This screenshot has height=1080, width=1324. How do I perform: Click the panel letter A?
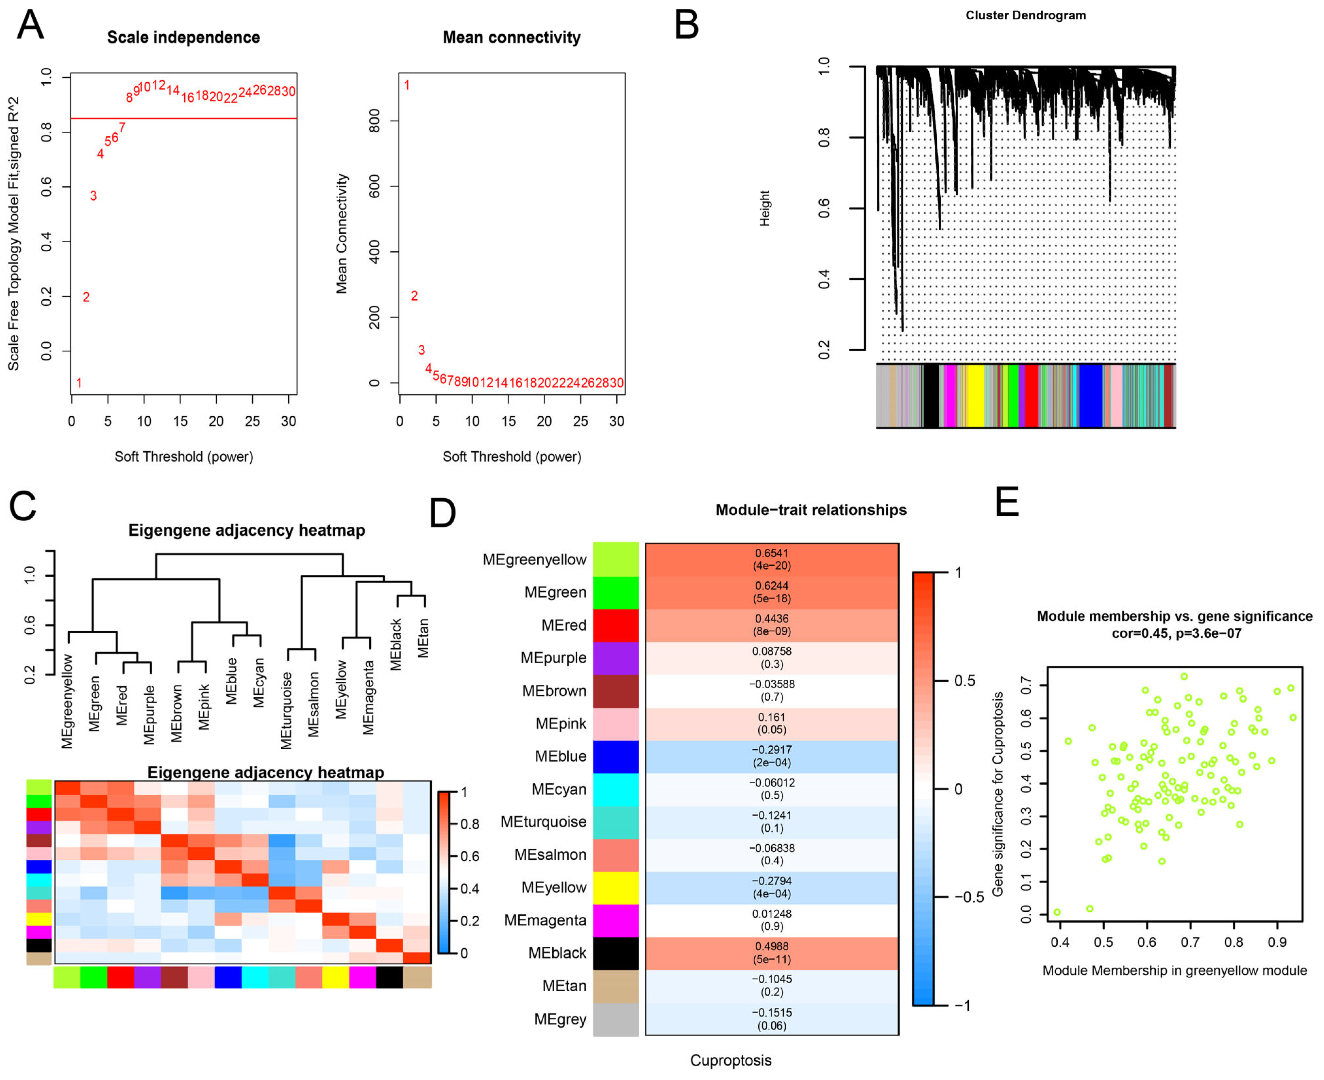[30, 25]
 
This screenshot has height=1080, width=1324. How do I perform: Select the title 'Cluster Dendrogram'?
[1025, 16]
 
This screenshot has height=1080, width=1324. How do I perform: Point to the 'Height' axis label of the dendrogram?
[765, 208]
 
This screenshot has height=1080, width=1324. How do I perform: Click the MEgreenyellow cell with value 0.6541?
[772, 559]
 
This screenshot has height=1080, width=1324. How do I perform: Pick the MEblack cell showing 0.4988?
[772, 953]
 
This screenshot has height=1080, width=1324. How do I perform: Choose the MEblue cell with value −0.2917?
[772, 756]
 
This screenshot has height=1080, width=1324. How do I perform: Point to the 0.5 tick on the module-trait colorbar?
[964, 681]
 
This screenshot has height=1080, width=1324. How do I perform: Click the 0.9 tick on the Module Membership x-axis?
[1277, 942]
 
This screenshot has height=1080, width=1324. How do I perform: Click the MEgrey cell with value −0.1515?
[772, 1019]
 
